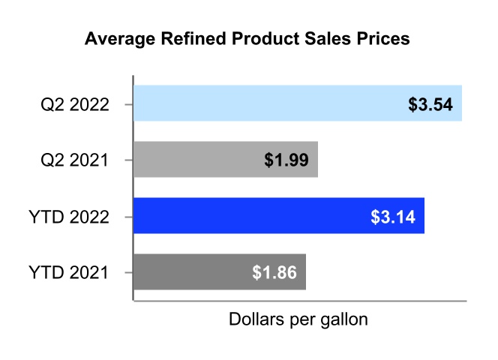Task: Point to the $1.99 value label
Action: (x=287, y=160)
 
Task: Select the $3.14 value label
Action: (x=393, y=216)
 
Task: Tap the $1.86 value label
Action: (x=274, y=272)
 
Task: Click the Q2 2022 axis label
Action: (x=75, y=104)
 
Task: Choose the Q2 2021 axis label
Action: (x=75, y=160)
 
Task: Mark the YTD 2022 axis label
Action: (x=72, y=217)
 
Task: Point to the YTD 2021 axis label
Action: (x=72, y=272)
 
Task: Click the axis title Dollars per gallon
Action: (x=298, y=319)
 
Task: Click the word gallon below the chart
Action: (x=343, y=320)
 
